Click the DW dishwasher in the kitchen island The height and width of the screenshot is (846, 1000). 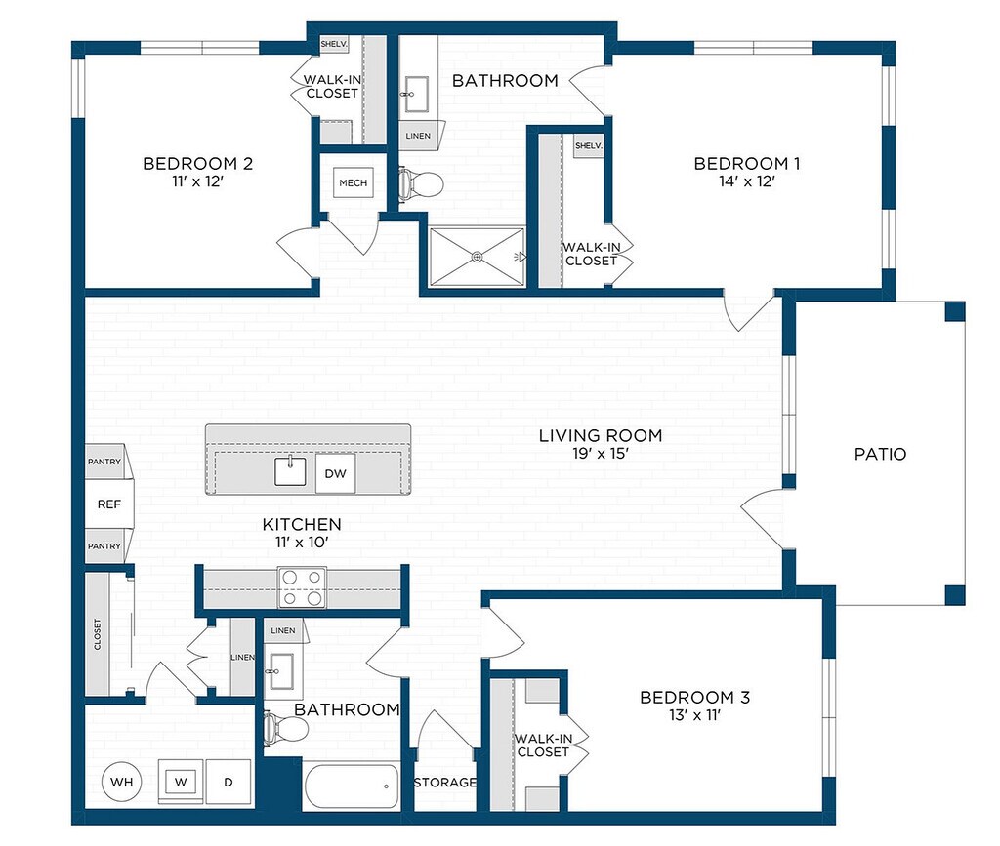[336, 473]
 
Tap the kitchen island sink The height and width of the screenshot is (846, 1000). [290, 471]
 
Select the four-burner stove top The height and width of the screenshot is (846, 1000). [303, 587]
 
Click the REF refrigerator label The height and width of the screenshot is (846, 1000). [109, 504]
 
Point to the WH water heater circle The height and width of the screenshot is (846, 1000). [122, 782]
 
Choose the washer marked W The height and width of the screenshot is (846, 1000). [181, 782]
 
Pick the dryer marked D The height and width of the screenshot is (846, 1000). [229, 782]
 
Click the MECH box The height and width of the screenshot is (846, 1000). [354, 182]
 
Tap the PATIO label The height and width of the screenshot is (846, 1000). [880, 454]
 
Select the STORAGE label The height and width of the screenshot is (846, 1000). [445, 783]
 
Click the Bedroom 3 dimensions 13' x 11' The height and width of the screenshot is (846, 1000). [694, 715]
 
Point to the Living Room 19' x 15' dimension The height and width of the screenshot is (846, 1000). [601, 454]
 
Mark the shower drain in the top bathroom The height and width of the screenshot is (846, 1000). [477, 257]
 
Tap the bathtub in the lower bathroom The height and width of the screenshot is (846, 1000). [352, 786]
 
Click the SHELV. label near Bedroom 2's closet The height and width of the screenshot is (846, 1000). [334, 44]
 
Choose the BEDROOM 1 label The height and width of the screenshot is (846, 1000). [747, 164]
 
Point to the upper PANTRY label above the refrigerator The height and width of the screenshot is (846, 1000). [104, 462]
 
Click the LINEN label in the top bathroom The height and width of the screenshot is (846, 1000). [418, 136]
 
